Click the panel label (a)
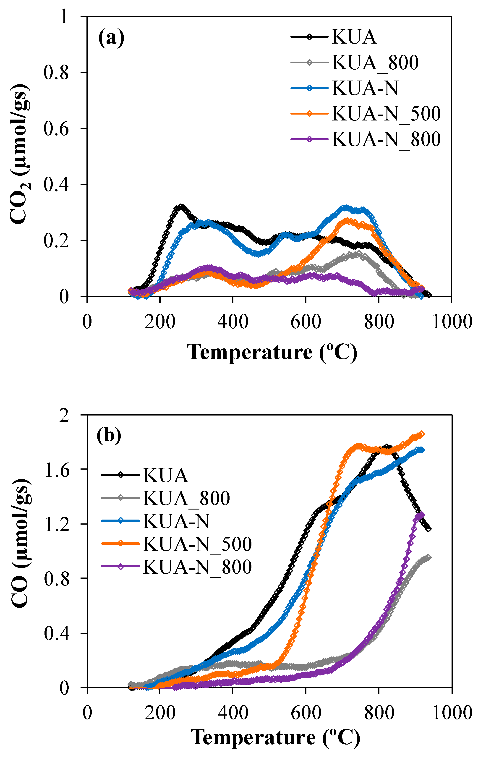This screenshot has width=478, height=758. coord(111,38)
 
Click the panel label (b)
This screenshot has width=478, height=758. coord(109,436)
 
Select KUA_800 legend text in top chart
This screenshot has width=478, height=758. coord(375,63)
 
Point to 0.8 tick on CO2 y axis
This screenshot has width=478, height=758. coord(56,73)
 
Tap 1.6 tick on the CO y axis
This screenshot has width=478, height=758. coord(56,469)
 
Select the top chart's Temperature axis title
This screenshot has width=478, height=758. coord(272,352)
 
